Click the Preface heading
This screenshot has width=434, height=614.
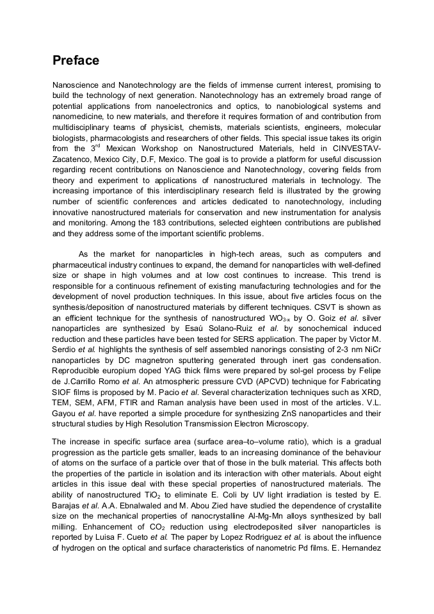point(76,61)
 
